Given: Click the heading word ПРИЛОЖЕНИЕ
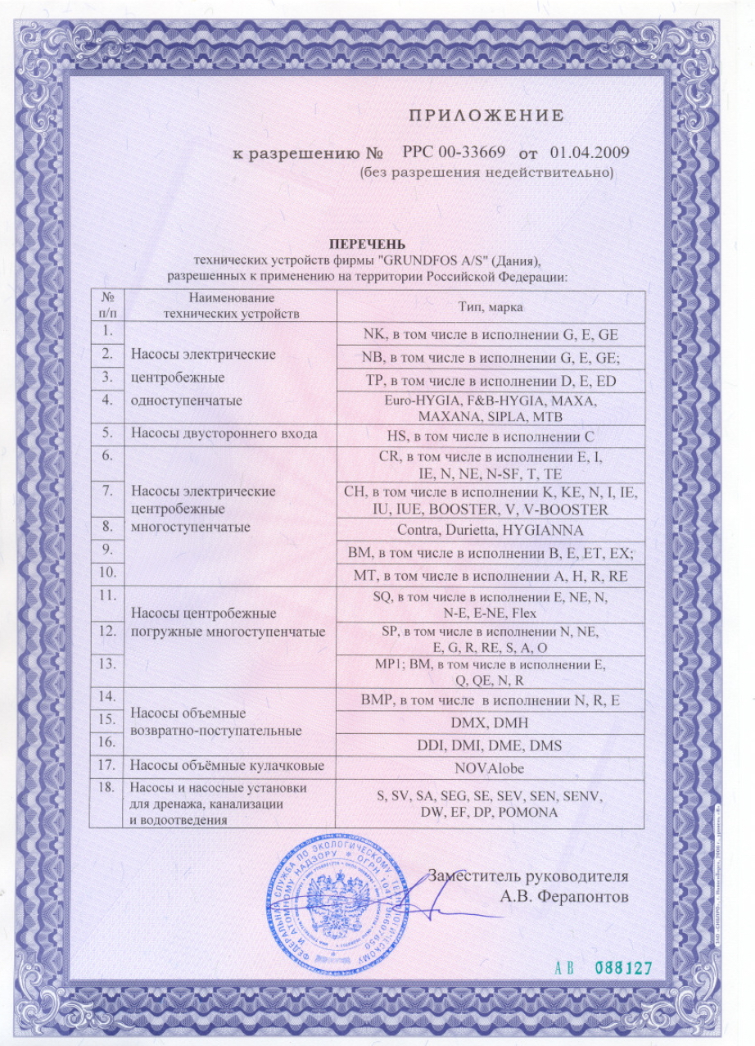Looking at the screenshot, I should [486, 115].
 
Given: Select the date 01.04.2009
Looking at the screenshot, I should [590, 153].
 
